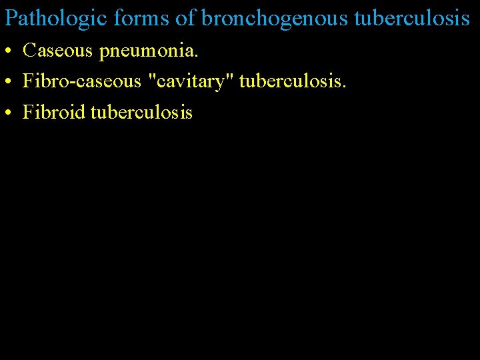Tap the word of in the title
[185, 18]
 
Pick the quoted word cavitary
[194, 81]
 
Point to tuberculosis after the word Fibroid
[141, 112]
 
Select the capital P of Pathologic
[10, 18]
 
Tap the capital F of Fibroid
[27, 112]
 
